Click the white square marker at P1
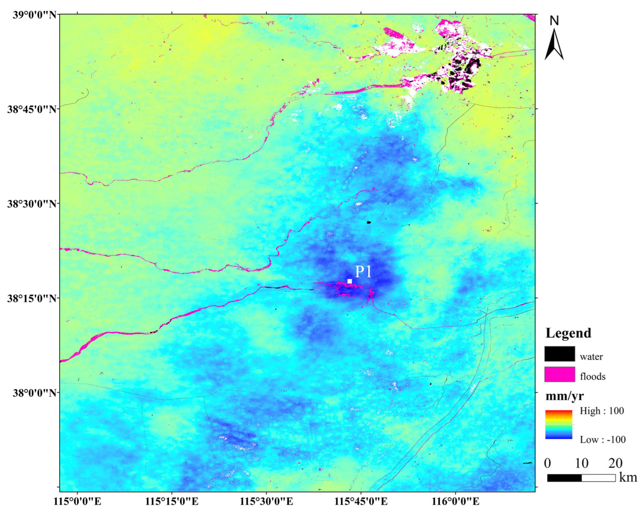[x=350, y=281]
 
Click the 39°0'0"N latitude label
[x=35, y=15]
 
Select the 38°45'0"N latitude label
[x=32, y=109]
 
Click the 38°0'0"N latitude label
[x=35, y=392]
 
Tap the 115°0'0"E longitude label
[x=78, y=501]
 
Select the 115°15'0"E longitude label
[x=172, y=501]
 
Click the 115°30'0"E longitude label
[x=266, y=501]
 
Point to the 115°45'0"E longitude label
[x=361, y=501]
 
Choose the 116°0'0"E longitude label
[x=455, y=501]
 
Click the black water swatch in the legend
[x=560, y=354]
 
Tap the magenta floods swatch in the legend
[x=560, y=374]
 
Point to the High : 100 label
[x=602, y=411]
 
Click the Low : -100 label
[x=603, y=439]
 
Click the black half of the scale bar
[x=564, y=478]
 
